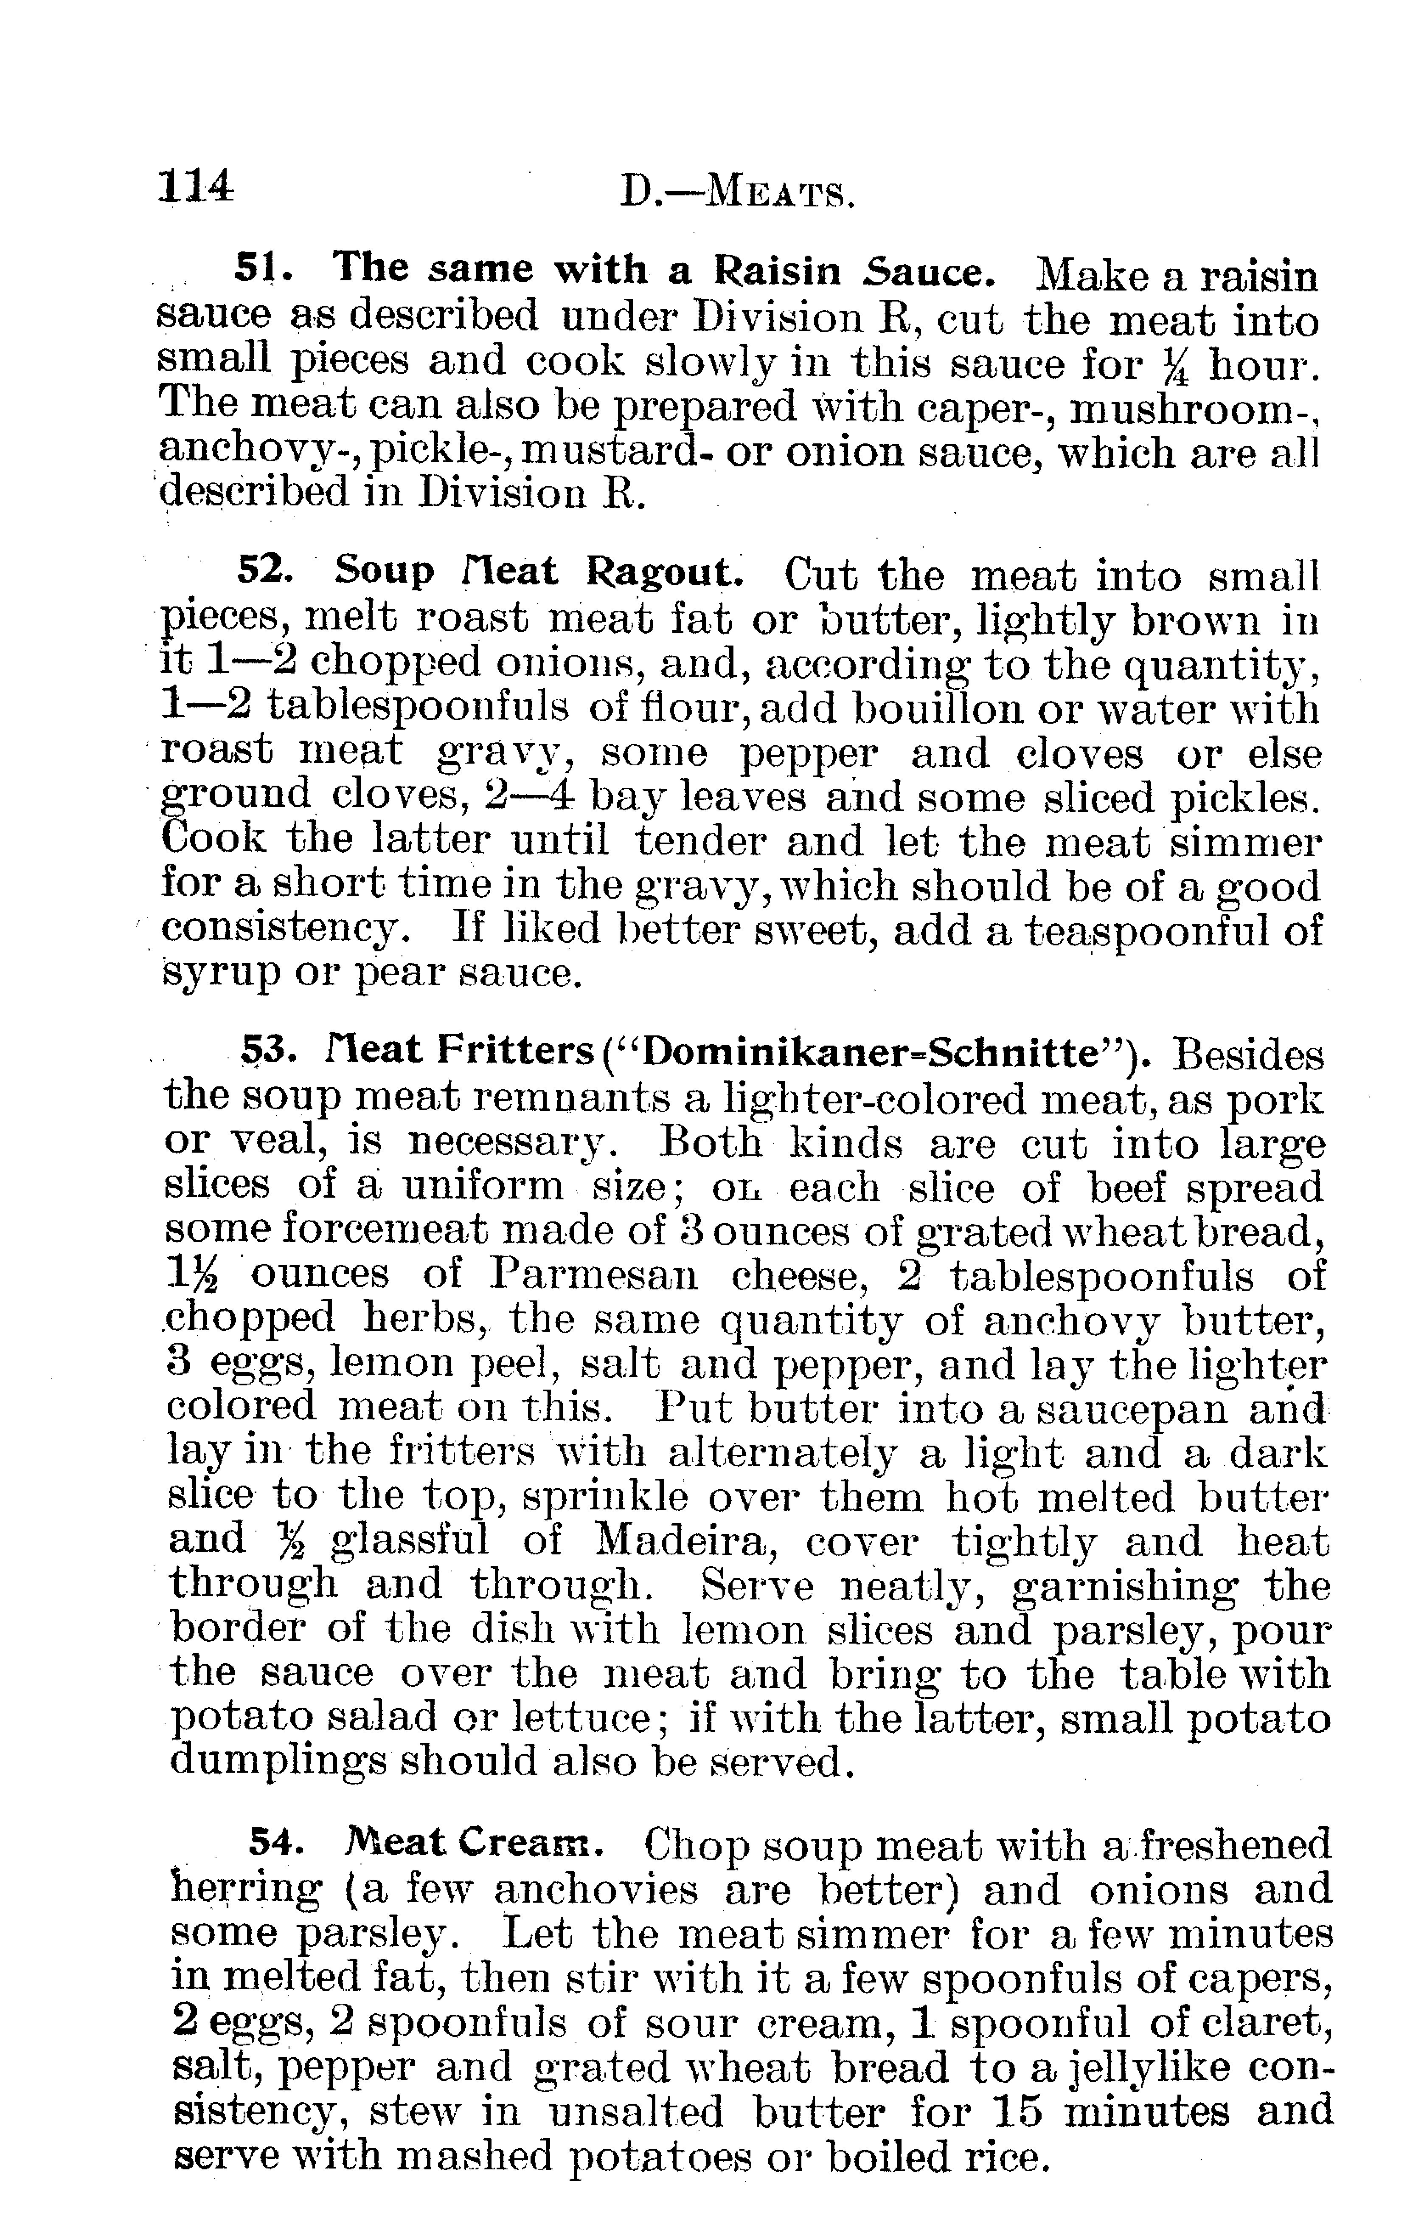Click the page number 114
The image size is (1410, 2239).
pos(195,187)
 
